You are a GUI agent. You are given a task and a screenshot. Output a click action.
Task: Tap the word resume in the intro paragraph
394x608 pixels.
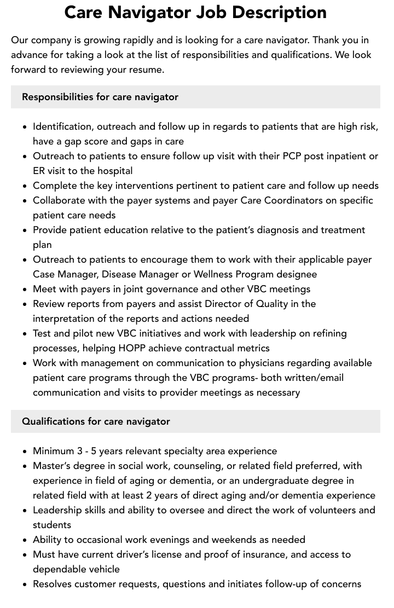[x=148, y=70]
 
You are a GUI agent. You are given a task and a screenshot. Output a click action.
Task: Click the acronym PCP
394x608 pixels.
[x=296, y=156]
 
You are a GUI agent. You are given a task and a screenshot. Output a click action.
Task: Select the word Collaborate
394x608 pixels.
[x=59, y=200]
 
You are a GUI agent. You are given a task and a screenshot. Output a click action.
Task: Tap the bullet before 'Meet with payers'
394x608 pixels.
[x=25, y=289]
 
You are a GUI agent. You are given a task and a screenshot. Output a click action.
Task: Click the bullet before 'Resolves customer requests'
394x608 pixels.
[x=25, y=584]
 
